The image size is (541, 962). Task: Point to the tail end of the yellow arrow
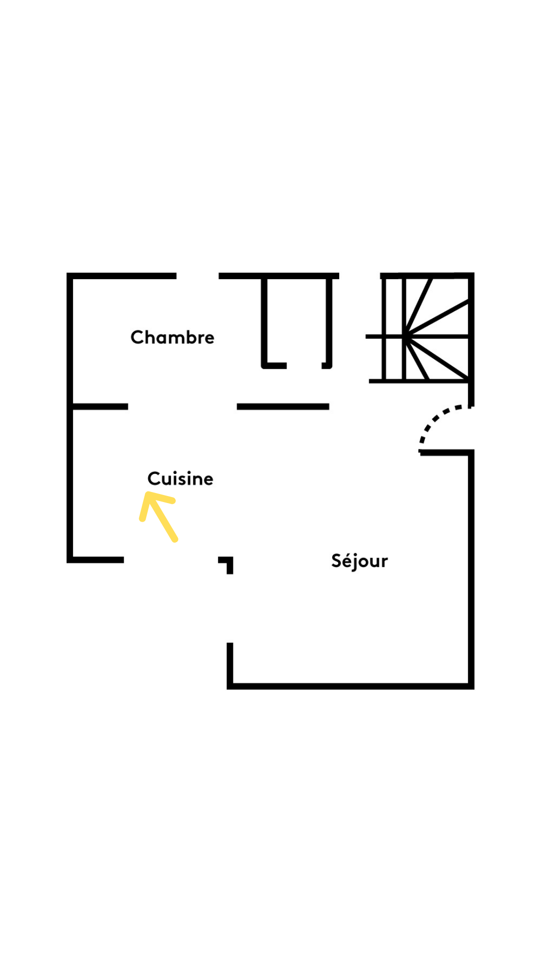click(175, 540)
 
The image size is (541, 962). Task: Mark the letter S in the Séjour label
click(337, 560)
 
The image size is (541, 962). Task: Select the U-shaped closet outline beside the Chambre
click(297, 321)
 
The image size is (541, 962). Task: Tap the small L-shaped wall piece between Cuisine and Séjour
click(226, 565)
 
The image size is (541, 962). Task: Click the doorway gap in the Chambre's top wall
click(197, 276)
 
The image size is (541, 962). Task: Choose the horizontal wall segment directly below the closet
click(283, 406)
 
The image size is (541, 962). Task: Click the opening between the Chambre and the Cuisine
click(182, 406)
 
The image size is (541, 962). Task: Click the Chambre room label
click(172, 337)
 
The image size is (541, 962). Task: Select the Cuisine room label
click(180, 478)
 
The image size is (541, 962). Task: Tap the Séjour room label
click(360, 561)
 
